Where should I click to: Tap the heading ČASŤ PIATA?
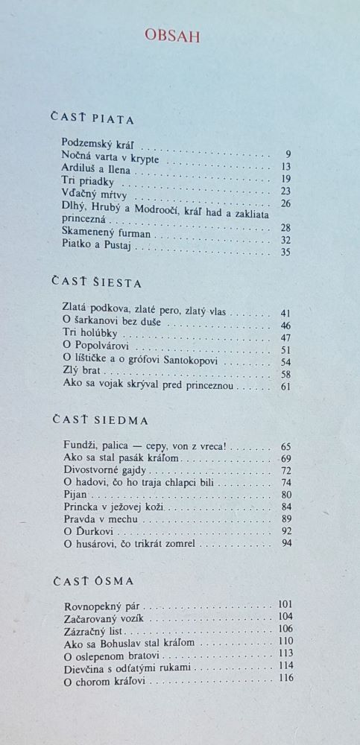(93, 117)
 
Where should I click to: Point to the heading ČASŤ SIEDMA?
(100, 419)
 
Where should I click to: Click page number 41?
(285, 314)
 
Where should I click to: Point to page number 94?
(286, 543)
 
